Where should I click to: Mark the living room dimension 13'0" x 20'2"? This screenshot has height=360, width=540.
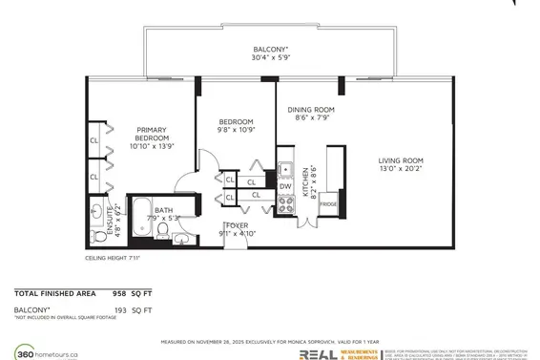(399, 170)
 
